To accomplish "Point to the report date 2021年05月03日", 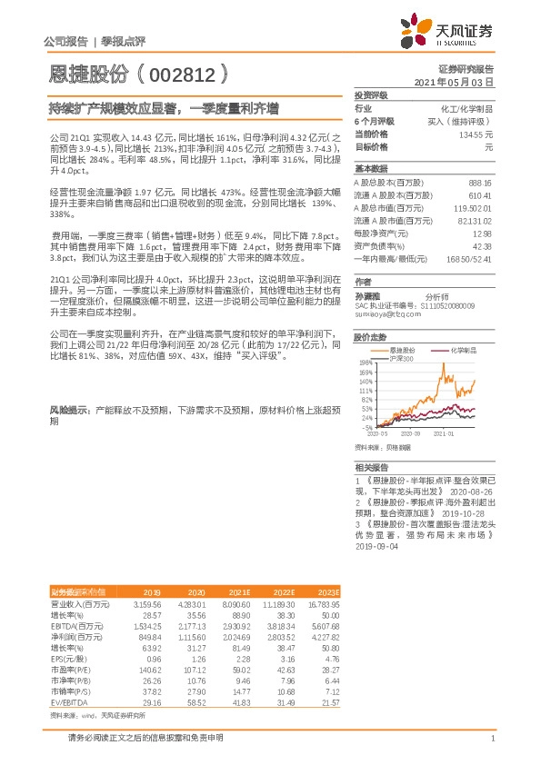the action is (x=454, y=82).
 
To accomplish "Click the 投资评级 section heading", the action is (x=370, y=94).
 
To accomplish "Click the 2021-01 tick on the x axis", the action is (x=443, y=434).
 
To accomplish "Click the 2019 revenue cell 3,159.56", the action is (x=147, y=603).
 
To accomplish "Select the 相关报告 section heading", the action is (x=370, y=465).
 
